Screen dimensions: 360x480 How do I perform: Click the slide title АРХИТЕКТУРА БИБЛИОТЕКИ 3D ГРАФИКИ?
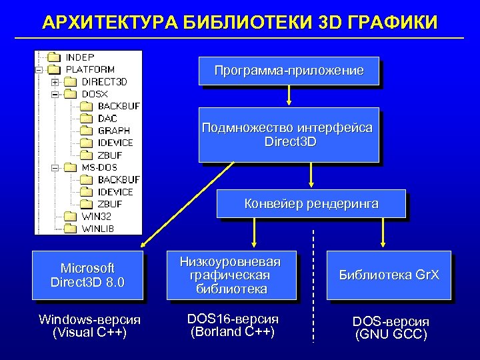(240, 22)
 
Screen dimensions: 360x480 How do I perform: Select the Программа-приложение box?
(289, 71)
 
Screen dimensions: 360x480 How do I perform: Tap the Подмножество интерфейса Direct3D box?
(288, 135)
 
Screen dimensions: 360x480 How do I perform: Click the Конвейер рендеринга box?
(311, 203)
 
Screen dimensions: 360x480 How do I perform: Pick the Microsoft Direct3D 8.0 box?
(88, 275)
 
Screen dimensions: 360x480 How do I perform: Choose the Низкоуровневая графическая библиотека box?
(229, 275)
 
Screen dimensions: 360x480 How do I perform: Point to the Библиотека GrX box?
(389, 275)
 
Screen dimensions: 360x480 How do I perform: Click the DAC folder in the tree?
(107, 119)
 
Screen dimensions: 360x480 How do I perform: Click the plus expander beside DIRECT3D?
(55, 82)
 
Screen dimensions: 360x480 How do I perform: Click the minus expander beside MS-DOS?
(55, 167)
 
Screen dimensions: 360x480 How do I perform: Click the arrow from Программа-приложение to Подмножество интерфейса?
(289, 95)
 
